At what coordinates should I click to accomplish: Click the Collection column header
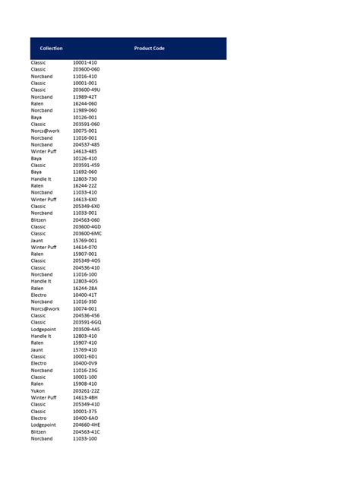[51, 49]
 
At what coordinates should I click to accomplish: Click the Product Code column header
[149, 49]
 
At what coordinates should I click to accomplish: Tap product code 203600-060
[86, 69]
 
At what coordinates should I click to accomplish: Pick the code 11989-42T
[85, 96]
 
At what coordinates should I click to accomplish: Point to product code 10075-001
[85, 131]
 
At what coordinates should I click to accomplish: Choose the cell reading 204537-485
[86, 144]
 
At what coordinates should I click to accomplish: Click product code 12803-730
[85, 178]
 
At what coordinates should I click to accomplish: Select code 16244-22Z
[85, 185]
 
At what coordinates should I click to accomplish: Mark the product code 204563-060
[86, 219]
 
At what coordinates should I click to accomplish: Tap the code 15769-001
[85, 240]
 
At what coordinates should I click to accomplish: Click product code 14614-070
[85, 247]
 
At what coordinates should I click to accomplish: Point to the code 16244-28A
[85, 288]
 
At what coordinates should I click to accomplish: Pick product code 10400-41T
[85, 295]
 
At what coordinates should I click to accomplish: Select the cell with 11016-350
[85, 302]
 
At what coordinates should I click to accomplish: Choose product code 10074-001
[85, 308]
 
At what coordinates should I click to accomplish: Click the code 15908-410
[85, 384]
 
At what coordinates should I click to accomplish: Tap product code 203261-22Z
[86, 390]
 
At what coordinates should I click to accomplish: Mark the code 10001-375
[85, 411]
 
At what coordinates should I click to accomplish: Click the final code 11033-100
[85, 438]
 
